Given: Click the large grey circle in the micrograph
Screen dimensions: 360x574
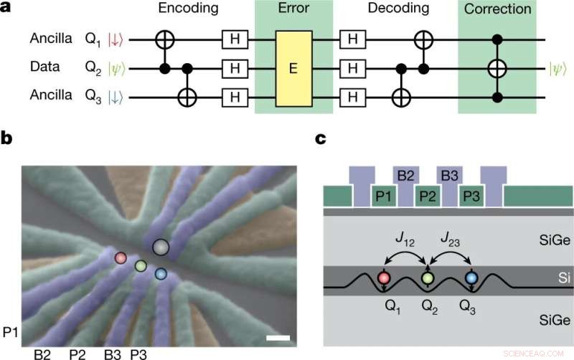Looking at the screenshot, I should tap(161, 247).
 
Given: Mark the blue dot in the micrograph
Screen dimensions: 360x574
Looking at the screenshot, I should tap(161, 273).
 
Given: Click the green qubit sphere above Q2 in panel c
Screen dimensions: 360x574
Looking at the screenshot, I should tap(428, 278).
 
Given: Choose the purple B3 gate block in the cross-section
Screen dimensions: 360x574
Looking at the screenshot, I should tap(450, 176).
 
